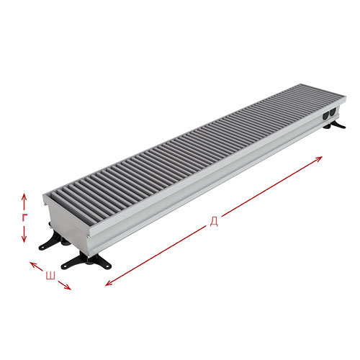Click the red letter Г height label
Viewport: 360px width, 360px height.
click(x=24, y=217)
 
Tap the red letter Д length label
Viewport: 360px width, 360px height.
click(x=214, y=222)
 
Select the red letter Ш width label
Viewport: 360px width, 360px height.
click(x=50, y=276)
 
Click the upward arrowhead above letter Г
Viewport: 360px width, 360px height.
click(x=24, y=197)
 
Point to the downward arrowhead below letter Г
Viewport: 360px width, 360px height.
click(x=24, y=239)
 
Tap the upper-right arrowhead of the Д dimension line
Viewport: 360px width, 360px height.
click(x=318, y=158)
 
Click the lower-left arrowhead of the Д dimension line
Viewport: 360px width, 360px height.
click(x=109, y=283)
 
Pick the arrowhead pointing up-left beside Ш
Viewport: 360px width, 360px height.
click(x=33, y=264)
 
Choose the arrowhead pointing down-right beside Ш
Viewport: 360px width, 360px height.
click(x=68, y=287)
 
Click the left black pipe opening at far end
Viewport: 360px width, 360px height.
click(x=326, y=117)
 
